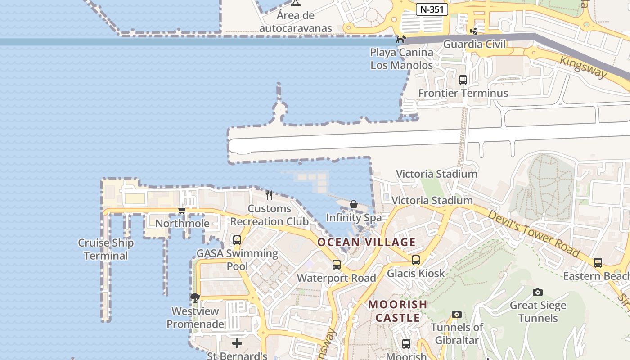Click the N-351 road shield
432,9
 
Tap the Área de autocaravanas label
296,22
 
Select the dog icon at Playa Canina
400,40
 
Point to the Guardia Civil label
474,44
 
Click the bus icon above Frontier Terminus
463,80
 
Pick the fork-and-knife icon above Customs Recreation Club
269,195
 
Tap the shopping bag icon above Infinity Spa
354,205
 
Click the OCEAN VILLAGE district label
366,242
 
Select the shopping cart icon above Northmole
182,210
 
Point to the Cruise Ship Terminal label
106,249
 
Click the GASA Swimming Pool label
237,260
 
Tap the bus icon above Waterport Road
337,265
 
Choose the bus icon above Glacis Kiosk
416,260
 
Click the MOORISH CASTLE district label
398,311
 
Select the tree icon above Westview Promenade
195,297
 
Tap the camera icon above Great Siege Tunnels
537,292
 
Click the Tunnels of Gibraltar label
457,333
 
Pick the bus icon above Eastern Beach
598,263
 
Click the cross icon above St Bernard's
237,344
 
